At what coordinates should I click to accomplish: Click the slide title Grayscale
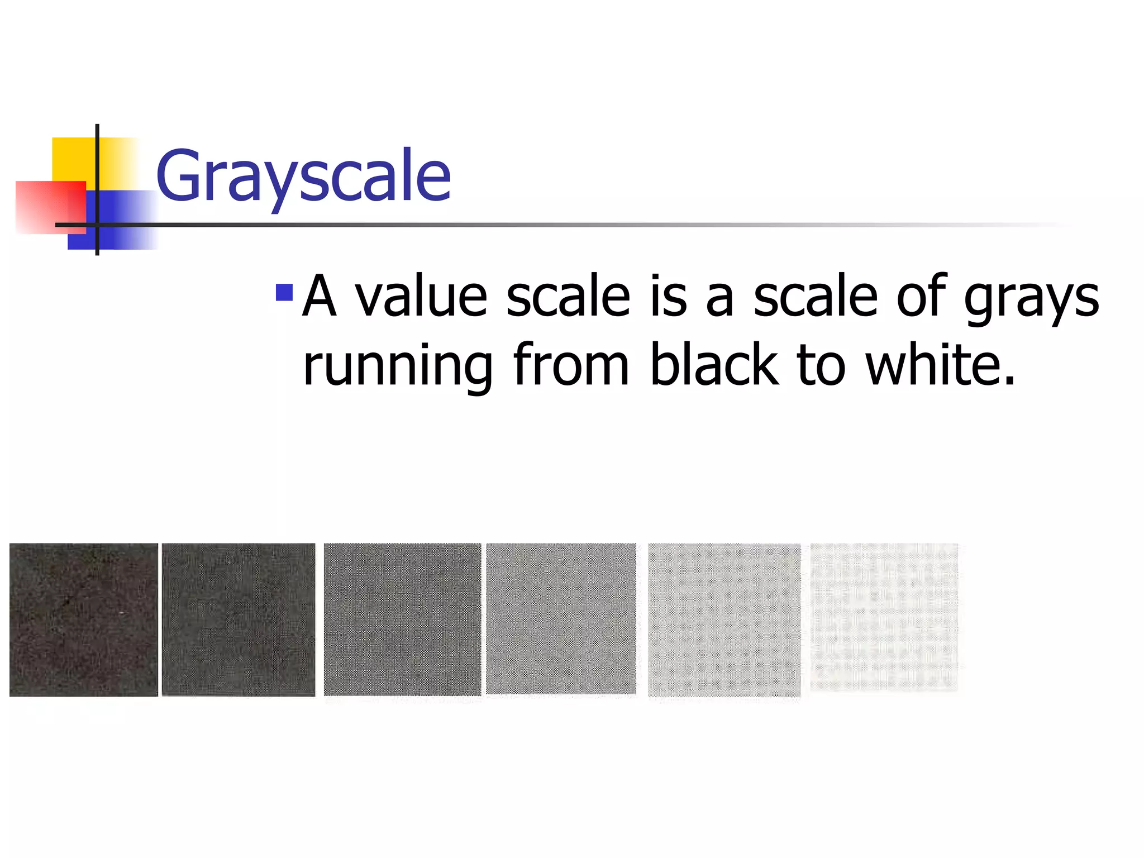303,175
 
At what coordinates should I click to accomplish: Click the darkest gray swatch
84,619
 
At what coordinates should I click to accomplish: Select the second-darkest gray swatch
239,619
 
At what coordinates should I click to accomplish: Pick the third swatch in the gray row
402,619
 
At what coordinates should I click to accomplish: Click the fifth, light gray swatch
724,620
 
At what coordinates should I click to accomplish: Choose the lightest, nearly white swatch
884,618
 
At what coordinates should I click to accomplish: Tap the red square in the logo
50,207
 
